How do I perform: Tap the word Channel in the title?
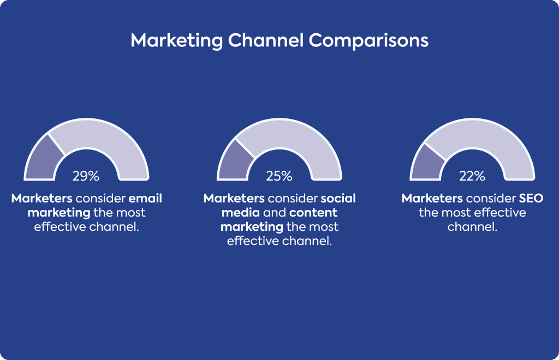pos(266,40)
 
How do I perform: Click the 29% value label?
pos(86,176)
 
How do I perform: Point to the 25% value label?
pos(279,176)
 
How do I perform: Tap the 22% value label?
pos(472,176)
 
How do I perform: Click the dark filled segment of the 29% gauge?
pos(43,160)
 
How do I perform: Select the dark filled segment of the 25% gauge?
pos(235,163)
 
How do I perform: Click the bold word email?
pos(145,199)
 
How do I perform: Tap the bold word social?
pos(338,199)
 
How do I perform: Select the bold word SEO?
pos(531,199)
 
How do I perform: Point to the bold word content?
pos(313,213)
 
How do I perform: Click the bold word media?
pos(241,213)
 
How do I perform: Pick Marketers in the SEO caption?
pos(432,199)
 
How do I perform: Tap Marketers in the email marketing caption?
pos(41,199)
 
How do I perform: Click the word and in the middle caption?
pos(275,213)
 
